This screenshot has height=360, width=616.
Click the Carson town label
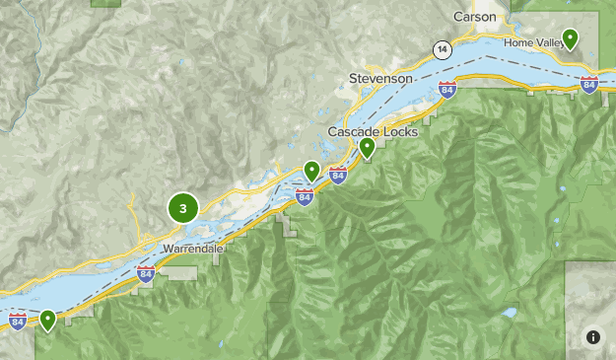point(475,17)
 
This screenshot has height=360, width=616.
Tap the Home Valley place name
point(531,43)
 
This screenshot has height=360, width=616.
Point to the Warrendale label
point(194,249)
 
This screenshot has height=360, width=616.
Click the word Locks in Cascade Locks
point(403,132)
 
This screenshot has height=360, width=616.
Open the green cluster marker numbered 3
point(183,208)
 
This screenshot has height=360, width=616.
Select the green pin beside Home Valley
point(570,39)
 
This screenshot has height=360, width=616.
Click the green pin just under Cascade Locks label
point(367,148)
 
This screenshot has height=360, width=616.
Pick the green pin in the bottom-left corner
point(47,320)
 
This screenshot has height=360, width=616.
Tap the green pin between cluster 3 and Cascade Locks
point(311,172)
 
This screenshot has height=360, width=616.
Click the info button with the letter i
point(592,336)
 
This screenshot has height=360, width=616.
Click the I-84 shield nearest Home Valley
point(589,84)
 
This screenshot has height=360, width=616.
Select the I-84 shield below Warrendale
point(146,274)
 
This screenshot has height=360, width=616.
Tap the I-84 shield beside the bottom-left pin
point(18,322)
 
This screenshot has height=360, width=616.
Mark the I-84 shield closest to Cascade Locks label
point(338,176)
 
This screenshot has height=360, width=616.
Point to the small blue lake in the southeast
point(508,314)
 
